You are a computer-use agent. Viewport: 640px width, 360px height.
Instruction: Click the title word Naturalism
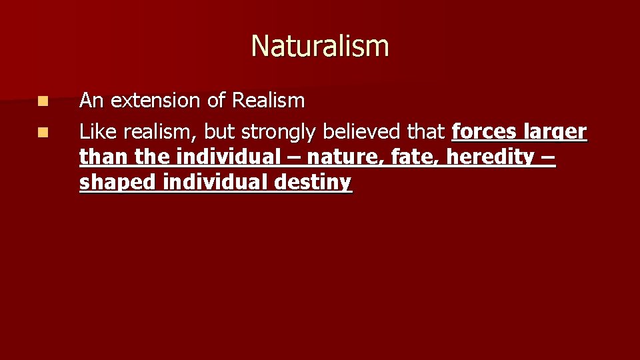pyautogui.click(x=320, y=46)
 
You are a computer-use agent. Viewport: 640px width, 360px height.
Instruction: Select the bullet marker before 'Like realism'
pyautogui.click(x=43, y=133)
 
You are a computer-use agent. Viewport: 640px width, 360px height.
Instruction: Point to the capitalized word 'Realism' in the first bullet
pyautogui.click(x=267, y=101)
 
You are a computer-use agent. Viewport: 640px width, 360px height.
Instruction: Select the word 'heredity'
pyautogui.click(x=490, y=157)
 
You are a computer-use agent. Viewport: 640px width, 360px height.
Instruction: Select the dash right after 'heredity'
pyautogui.click(x=548, y=157)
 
